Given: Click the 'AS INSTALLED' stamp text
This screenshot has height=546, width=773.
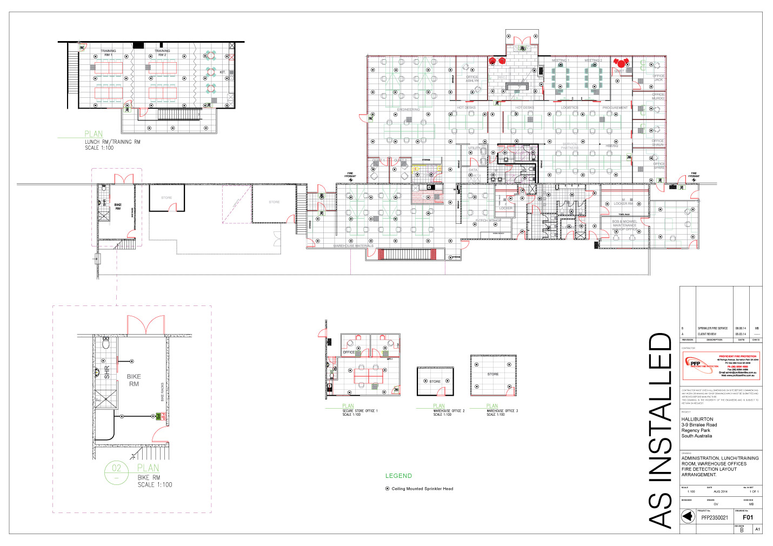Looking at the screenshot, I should (660, 430).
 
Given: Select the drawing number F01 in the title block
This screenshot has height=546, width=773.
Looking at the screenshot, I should (748, 517).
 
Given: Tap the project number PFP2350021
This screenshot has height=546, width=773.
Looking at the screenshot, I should (715, 517).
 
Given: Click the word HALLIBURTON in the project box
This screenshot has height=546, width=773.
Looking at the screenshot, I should (697, 419).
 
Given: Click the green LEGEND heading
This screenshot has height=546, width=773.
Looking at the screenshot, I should (398, 476).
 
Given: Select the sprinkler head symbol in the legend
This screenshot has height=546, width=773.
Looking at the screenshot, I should (387, 489).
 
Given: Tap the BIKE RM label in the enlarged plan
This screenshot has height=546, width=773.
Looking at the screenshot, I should (134, 380).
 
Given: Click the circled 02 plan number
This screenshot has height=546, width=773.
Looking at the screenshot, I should (117, 468).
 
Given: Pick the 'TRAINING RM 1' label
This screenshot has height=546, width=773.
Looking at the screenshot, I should (108, 52).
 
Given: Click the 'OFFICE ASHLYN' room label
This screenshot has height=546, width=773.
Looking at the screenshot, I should (472, 78).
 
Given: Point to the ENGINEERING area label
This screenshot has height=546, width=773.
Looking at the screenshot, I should (408, 110).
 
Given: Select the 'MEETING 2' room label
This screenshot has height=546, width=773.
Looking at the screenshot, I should (593, 61).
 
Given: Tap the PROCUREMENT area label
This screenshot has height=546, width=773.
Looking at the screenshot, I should (615, 108).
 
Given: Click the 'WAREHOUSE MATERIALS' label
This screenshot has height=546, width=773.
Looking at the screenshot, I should (353, 246).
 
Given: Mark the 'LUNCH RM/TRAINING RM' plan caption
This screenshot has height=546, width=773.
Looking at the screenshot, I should (112, 142).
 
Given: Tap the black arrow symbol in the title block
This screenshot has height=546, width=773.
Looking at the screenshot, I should (687, 517).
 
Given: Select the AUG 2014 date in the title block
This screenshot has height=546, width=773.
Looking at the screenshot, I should (720, 491).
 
